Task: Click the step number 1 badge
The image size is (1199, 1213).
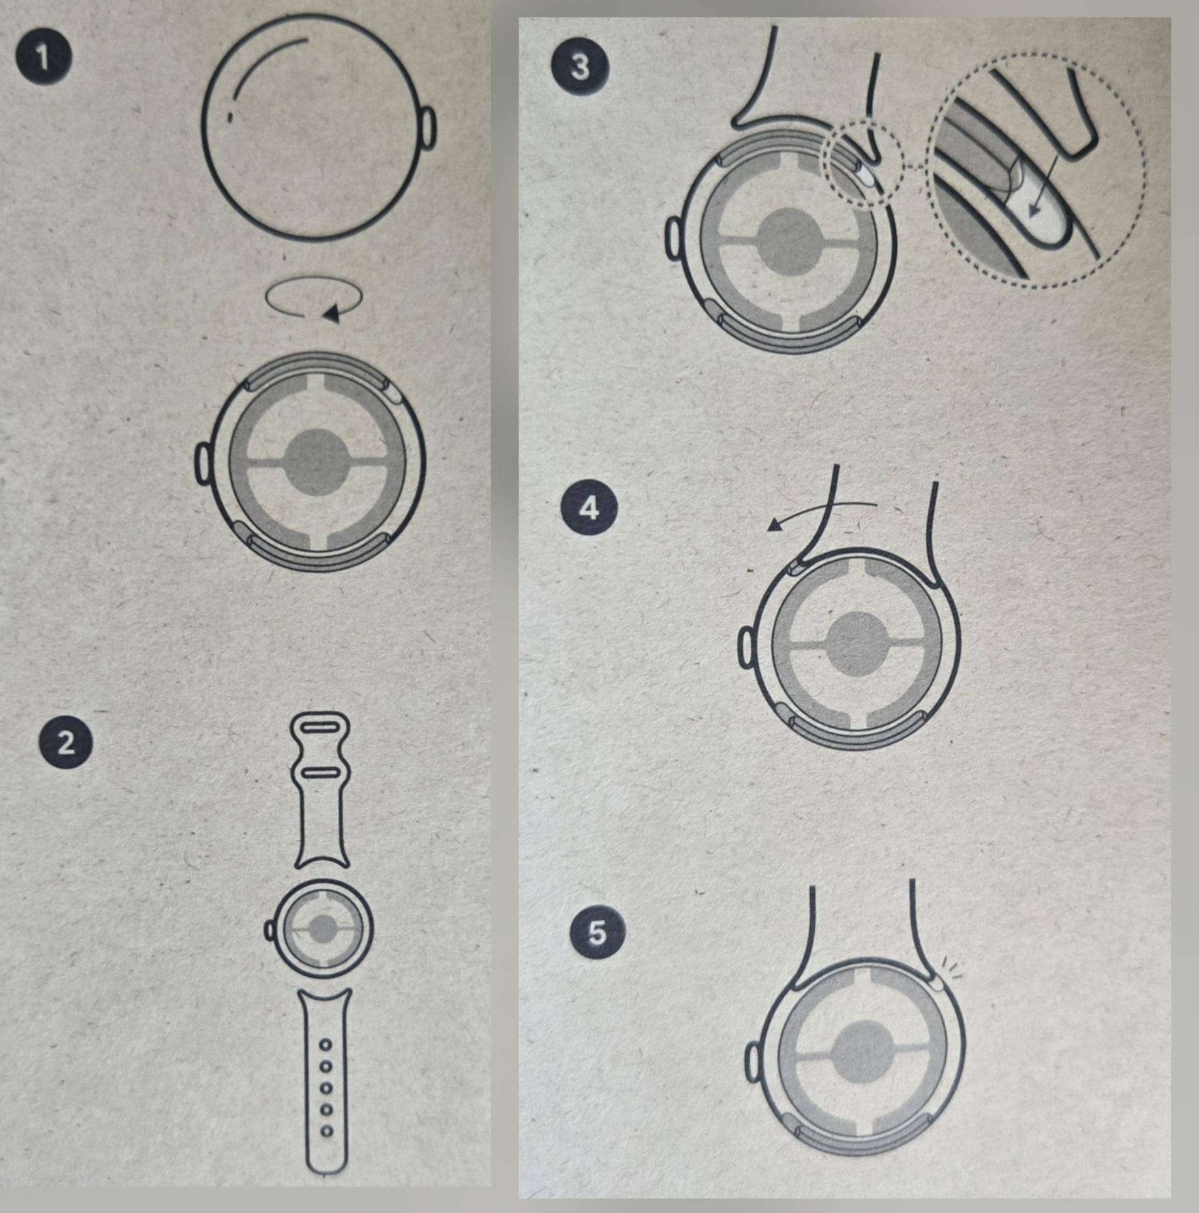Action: coord(44,58)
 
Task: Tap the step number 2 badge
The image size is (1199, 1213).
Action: coord(66,743)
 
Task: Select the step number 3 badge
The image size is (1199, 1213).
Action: coord(581,67)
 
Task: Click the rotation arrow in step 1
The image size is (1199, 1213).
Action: coord(314,297)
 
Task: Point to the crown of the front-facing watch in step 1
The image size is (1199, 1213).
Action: coord(428,128)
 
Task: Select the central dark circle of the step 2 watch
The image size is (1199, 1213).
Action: coord(322,928)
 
